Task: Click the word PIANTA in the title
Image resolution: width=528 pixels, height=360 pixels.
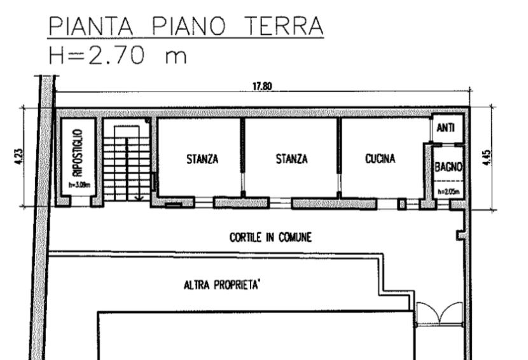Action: coord(91,26)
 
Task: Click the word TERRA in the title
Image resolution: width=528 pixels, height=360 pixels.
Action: coord(284,26)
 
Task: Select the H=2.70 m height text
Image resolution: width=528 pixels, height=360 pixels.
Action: coord(118,55)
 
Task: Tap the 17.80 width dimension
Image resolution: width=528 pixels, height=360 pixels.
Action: coord(262,87)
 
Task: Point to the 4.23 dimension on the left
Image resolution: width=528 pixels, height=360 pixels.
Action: coord(19,157)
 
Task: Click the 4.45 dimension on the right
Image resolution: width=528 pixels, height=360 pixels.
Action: coord(487,157)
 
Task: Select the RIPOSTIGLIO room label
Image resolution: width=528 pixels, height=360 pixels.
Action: coord(78,153)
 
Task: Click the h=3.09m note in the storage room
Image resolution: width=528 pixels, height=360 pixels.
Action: coord(80,185)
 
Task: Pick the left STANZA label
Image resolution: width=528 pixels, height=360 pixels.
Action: coord(202,158)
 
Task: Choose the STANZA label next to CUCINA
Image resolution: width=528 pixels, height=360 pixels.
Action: coord(291,158)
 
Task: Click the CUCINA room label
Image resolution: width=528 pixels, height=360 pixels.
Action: coord(380,158)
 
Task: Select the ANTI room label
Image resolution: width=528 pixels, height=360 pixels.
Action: coord(445,128)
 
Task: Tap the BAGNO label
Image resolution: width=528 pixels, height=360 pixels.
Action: coord(448,167)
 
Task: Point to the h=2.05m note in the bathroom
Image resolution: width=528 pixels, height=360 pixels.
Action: coord(448,192)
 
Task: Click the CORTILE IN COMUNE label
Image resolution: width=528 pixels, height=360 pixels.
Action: coord(270,237)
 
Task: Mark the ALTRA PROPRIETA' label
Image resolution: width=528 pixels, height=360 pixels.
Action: coord(221,285)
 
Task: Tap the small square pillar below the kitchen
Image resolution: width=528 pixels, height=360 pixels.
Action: coord(401,204)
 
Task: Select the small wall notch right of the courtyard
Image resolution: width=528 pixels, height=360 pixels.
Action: coord(461,235)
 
